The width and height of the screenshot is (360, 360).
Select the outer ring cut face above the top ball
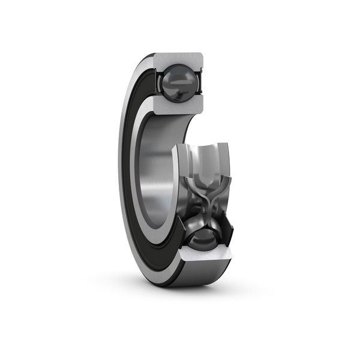pos(179,60)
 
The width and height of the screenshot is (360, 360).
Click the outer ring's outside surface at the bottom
pos(180,277)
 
